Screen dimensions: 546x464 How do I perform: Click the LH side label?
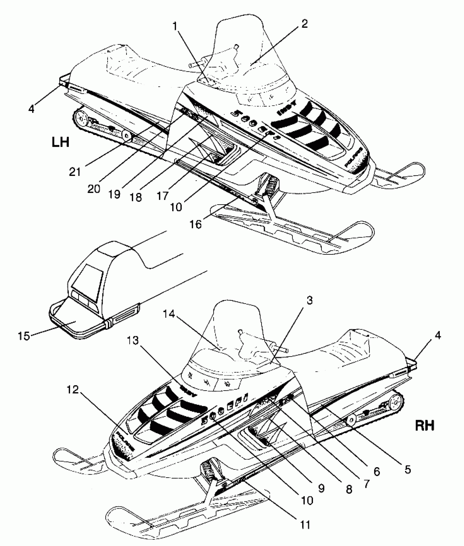[60, 142]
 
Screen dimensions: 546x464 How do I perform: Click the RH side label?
[425, 426]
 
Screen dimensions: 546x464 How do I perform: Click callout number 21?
[75, 172]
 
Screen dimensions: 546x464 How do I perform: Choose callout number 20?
[94, 188]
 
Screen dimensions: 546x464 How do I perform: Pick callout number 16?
[196, 224]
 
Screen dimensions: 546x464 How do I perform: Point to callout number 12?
[72, 390]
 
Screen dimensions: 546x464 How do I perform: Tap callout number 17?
[163, 196]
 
